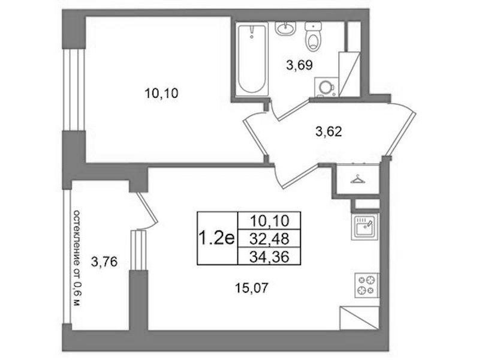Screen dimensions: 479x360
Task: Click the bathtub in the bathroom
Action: coord(252,59)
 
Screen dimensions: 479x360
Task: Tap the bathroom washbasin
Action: coord(286,28)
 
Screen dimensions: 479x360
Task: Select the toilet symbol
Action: coord(313,36)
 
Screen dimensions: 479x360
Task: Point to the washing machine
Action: coord(327,87)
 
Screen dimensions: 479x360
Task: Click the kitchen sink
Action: coord(364,227)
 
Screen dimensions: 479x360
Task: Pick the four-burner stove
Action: coord(366,285)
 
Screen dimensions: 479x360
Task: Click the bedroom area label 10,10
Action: coord(161,93)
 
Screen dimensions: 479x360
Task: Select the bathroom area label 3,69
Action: coord(299,65)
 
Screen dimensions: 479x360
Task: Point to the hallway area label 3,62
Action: coord(329,132)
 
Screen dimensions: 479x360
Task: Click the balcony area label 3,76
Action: coord(104,262)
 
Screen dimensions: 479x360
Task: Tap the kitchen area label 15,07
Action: coord(251,288)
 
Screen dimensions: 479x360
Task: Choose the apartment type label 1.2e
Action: coord(216,238)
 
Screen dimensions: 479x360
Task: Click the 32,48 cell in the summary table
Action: coord(269,238)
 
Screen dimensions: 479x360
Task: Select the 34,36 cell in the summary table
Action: coord(269,256)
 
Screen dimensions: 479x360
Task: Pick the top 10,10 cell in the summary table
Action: coord(269,221)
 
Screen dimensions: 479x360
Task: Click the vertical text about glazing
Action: coord(77,259)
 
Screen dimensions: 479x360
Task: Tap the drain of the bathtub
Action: coord(252,37)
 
